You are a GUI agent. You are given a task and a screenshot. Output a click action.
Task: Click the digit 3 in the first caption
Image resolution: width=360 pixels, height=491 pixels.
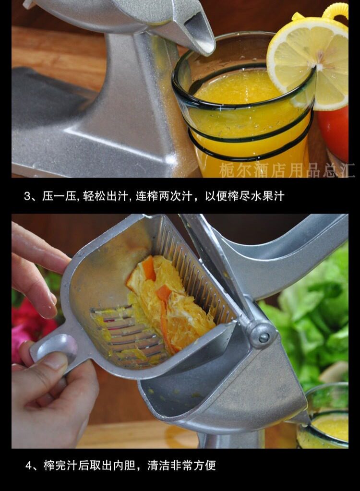(27, 196)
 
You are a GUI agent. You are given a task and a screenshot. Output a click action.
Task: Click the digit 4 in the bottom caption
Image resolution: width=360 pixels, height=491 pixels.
(28, 466)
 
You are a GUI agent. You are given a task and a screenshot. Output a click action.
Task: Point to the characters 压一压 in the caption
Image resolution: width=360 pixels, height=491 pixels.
(59, 196)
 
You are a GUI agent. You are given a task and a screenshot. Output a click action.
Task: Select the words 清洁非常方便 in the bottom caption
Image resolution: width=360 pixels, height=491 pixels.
(181, 466)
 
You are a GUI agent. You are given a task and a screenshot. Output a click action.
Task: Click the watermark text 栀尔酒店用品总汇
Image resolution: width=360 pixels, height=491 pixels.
(287, 170)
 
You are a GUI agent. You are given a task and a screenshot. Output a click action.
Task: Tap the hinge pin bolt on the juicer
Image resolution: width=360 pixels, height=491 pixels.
(264, 337)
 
